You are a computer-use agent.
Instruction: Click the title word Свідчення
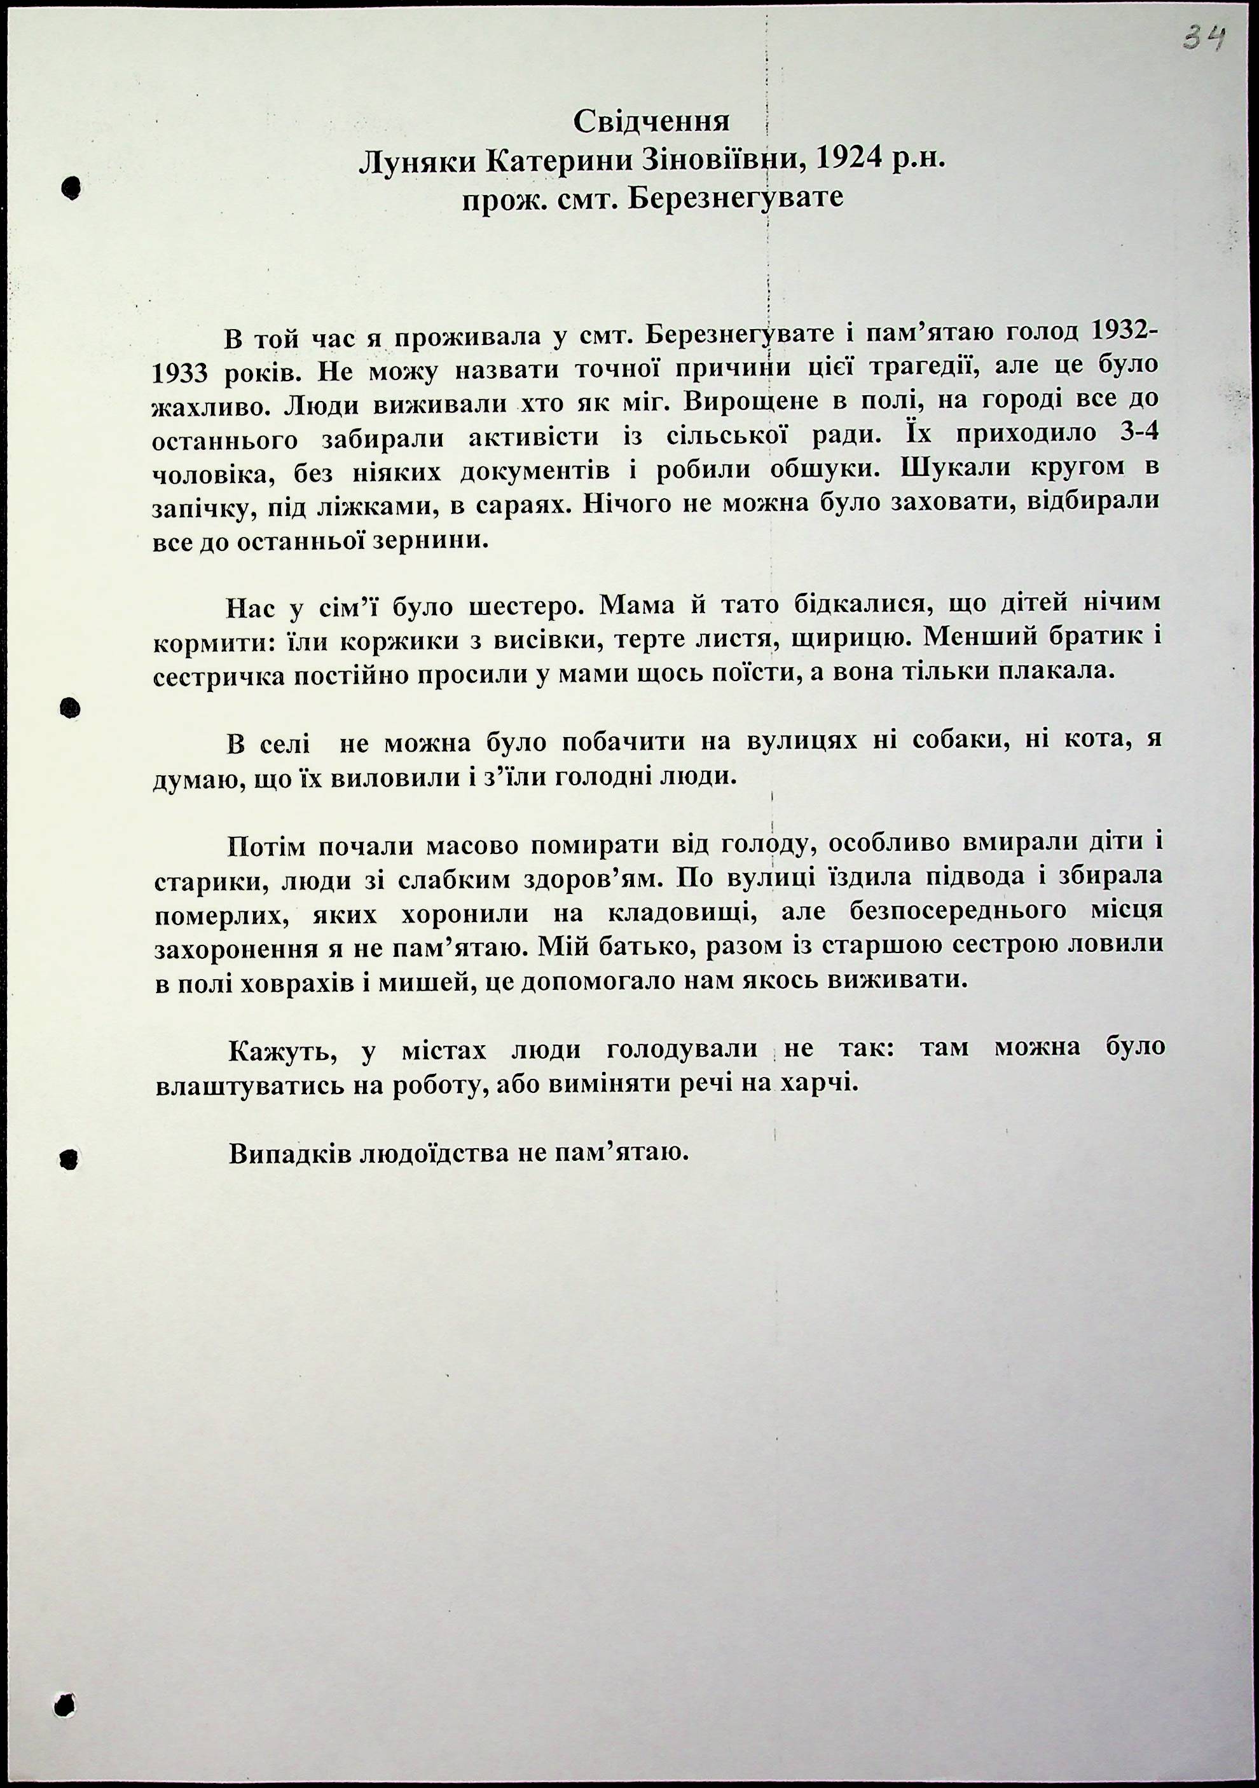click(651, 121)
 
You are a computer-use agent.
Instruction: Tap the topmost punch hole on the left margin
click(71, 187)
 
